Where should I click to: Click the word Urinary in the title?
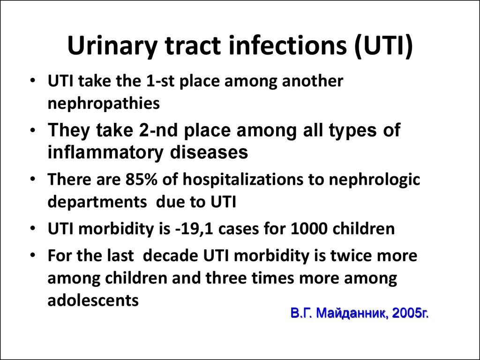112,46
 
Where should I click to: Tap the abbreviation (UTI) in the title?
383,45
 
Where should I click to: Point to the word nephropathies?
104,104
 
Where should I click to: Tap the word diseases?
209,152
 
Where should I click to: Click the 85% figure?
141,180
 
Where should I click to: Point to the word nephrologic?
374,180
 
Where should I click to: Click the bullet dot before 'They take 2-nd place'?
33,130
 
